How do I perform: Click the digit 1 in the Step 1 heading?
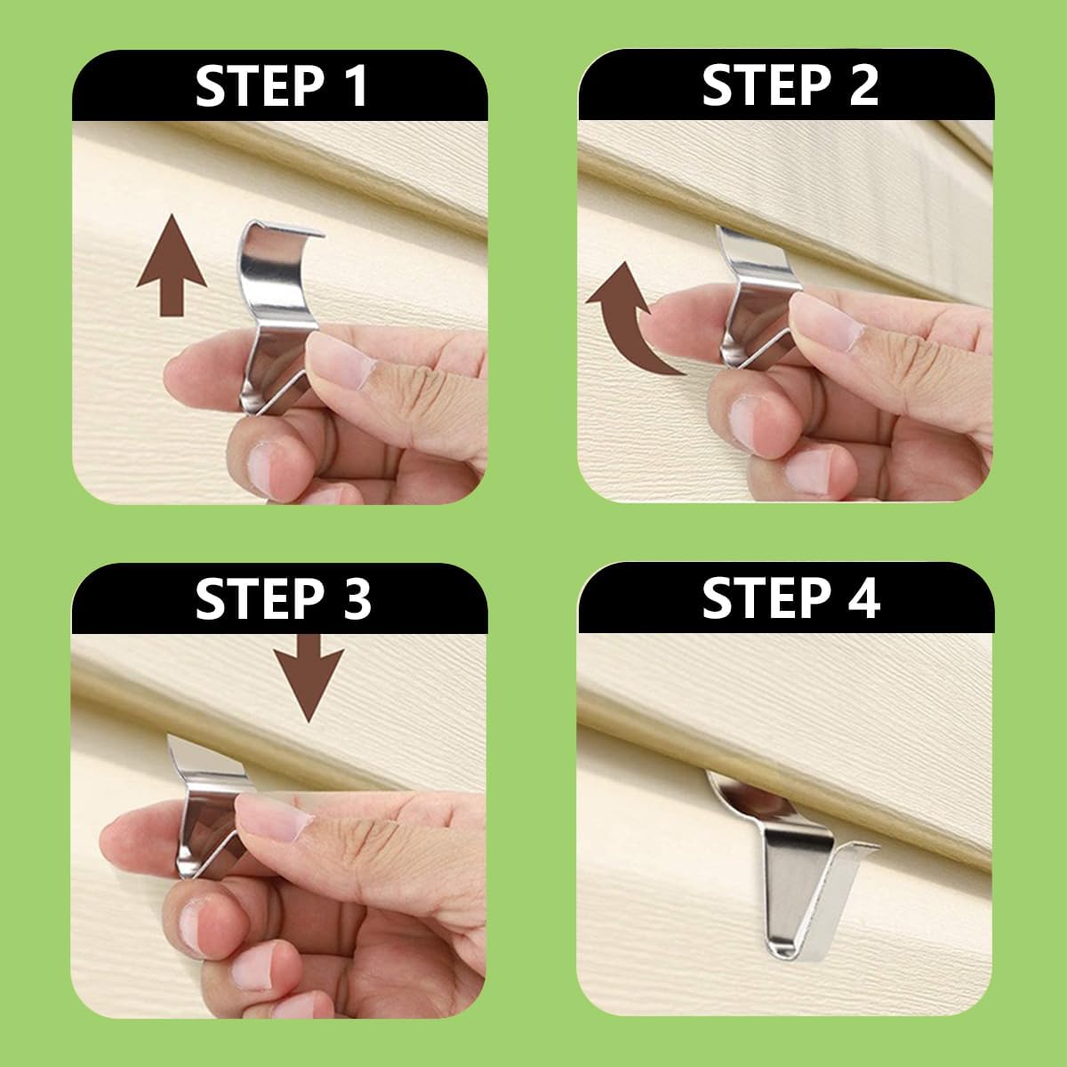click(357, 85)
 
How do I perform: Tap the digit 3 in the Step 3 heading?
click(356, 598)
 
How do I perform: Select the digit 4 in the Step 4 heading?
click(863, 598)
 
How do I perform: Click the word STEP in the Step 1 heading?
click(260, 85)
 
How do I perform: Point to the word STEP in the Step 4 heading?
click(766, 598)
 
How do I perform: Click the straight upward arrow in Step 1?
click(172, 265)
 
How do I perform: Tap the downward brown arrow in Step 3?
click(309, 678)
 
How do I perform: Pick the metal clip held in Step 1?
click(277, 316)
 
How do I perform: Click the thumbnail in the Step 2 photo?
click(825, 320)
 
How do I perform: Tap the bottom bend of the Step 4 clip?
click(782, 950)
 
